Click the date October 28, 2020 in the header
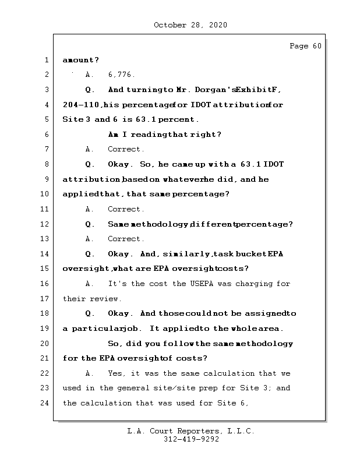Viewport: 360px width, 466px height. click(x=190, y=25)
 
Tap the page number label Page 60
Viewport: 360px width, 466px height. click(x=305, y=47)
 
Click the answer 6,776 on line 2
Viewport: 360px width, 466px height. click(x=121, y=75)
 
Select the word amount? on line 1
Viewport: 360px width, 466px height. click(x=80, y=60)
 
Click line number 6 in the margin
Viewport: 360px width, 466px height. click(x=46, y=135)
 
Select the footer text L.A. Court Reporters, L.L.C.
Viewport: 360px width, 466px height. click(x=190, y=432)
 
